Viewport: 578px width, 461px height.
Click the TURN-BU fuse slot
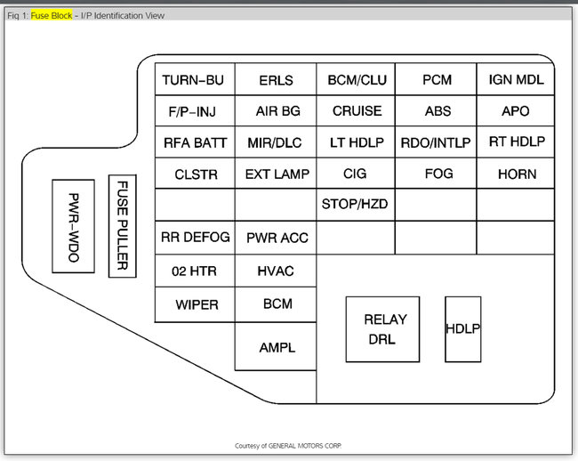tap(194, 80)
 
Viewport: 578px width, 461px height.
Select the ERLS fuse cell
tap(276, 80)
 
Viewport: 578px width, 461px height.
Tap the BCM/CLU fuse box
tap(357, 80)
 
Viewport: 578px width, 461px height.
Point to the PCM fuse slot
tap(437, 80)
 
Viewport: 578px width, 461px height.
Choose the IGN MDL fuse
tap(516, 80)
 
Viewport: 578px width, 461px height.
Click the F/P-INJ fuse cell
tap(194, 111)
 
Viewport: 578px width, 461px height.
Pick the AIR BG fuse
tap(276, 111)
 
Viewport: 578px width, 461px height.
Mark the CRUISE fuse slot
tap(357, 111)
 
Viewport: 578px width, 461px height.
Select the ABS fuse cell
tap(437, 111)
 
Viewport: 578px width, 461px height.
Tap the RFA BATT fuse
tap(194, 142)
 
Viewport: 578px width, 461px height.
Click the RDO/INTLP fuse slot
tap(437, 142)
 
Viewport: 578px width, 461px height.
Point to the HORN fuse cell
tap(516, 174)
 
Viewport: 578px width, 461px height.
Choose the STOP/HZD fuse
tap(357, 206)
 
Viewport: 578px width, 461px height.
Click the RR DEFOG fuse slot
tap(194, 238)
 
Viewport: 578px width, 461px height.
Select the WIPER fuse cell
tap(194, 304)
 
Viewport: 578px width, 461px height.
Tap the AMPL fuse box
tap(276, 347)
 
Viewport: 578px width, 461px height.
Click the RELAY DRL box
tap(383, 329)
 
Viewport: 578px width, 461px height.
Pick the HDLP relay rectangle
tap(462, 329)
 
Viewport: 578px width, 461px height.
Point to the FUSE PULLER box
tap(123, 226)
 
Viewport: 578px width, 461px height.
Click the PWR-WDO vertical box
tap(73, 226)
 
